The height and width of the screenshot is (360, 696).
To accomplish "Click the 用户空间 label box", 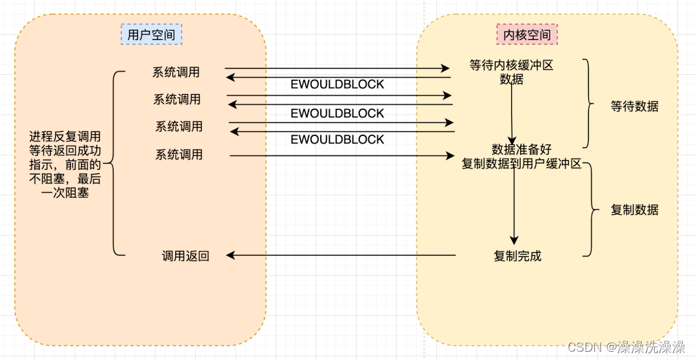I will [x=150, y=34].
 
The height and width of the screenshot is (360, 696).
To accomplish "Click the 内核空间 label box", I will [x=527, y=34].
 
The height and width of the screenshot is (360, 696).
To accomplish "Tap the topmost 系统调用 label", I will [x=177, y=72].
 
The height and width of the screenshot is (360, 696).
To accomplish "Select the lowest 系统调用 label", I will [x=179, y=155].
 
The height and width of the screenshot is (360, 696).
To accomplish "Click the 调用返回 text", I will [x=186, y=256].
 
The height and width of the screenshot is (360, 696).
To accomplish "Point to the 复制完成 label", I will [x=517, y=256].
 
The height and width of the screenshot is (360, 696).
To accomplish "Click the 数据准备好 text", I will [x=521, y=149].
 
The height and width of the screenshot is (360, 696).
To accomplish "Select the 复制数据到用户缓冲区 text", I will [x=521, y=164].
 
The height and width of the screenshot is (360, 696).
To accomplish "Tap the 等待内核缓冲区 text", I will [x=511, y=66].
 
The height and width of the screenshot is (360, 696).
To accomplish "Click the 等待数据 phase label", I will [x=634, y=106].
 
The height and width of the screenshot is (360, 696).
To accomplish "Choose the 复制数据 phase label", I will [x=634, y=210].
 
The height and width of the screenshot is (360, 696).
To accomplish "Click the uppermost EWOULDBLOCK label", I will [x=337, y=85].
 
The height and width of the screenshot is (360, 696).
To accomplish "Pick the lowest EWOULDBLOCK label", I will [x=337, y=139].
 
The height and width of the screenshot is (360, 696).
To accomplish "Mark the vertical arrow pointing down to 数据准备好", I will [x=511, y=113].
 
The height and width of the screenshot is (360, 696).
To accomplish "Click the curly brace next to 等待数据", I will [x=589, y=104].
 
